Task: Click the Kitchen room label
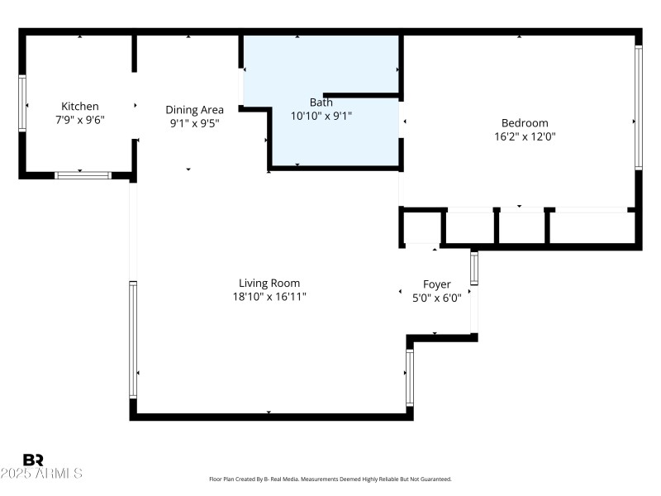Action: point(80,106)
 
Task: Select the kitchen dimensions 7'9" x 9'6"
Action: point(80,120)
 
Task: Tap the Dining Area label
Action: point(194,109)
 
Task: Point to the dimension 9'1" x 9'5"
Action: point(194,123)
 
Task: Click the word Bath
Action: point(321,103)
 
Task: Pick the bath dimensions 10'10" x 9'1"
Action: point(321,117)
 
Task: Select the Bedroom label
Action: point(520,123)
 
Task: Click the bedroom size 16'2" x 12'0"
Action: point(520,137)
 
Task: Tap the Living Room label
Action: point(269,283)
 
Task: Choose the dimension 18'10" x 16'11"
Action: point(269,297)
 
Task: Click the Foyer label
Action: point(436,284)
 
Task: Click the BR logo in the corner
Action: point(33,460)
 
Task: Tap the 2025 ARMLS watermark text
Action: point(41,474)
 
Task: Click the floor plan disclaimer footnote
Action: point(330,479)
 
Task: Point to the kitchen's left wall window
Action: point(22,103)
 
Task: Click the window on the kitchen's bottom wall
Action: point(83,175)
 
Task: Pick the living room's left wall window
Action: point(132,339)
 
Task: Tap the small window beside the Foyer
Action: point(474,267)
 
